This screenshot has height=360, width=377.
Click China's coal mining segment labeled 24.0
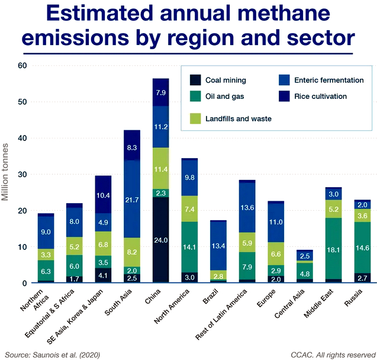pyautogui.click(x=160, y=240)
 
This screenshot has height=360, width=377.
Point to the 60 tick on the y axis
pyautogui.click(x=21, y=66)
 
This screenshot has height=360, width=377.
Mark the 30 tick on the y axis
pyautogui.click(x=21, y=174)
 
